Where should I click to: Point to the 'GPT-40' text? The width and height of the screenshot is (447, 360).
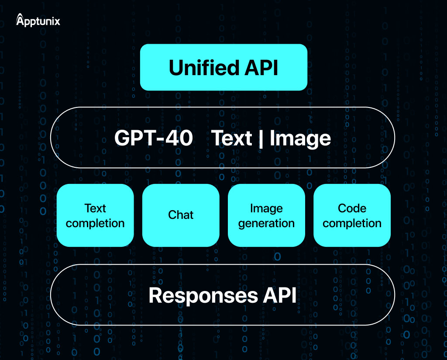tap(153, 138)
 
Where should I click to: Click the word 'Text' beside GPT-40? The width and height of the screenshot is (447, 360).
tap(232, 138)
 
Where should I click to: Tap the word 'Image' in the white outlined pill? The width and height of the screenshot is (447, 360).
tap(300, 138)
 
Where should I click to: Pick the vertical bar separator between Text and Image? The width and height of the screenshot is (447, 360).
tap(261, 138)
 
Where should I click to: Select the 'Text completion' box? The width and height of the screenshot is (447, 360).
tap(95, 215)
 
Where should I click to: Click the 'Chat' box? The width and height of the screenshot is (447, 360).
tap(181, 215)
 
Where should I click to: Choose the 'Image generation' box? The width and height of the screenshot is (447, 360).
tap(266, 215)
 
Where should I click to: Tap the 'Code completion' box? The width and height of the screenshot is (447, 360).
tap(352, 215)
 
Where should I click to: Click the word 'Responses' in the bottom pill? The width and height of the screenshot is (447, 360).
tap(203, 295)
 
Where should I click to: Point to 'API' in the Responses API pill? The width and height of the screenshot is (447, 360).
tap(280, 295)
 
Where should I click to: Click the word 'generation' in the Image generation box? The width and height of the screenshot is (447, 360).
tap(266, 224)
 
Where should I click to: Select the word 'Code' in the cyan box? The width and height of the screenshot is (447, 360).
tap(352, 208)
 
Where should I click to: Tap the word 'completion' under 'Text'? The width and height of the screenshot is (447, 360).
tap(95, 223)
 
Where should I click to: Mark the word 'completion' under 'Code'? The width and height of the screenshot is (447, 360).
tap(352, 223)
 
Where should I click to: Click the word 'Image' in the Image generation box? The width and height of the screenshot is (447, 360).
tap(266, 208)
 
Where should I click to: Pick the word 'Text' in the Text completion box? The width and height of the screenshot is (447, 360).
tap(95, 208)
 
